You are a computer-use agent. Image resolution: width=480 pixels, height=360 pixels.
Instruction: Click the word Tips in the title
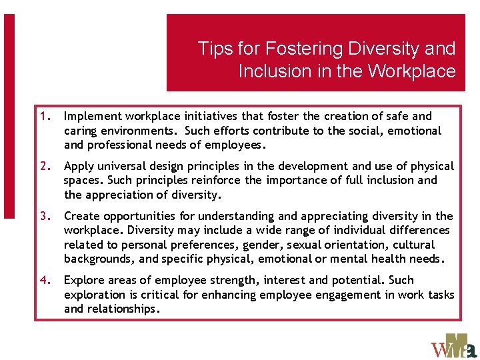(213, 49)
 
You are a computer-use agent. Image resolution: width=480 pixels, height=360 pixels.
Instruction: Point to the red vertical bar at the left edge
(9, 117)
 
